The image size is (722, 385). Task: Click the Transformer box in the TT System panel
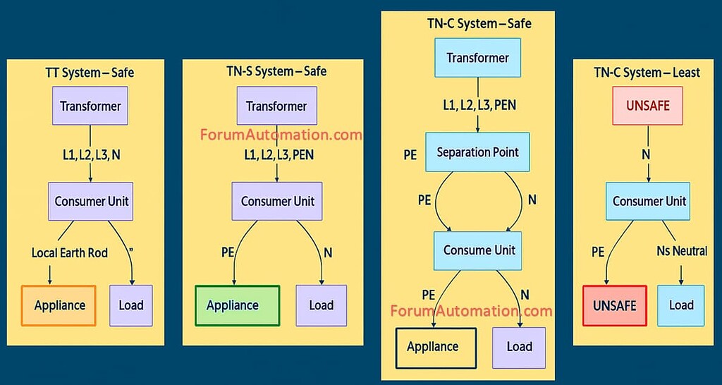pos(90,106)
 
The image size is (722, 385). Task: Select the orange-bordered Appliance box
pos(59,305)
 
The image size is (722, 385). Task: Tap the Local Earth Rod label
pos(70,252)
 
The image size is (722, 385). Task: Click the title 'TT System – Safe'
pos(90,72)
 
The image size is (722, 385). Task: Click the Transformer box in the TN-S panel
pos(276,106)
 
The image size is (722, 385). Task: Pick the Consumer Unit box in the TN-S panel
pos(276,202)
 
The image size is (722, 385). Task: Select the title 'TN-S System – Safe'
pos(271,71)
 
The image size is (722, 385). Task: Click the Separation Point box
pos(478,152)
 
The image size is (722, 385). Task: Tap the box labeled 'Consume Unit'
pos(479,250)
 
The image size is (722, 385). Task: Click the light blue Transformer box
pos(478,57)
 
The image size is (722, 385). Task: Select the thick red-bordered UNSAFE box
pos(614,305)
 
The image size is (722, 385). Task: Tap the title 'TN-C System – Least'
pos(647,72)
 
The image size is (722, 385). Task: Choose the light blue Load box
pos(682,305)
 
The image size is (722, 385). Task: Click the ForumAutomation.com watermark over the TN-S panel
pos(281,134)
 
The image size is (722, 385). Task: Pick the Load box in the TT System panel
pos(131,305)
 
